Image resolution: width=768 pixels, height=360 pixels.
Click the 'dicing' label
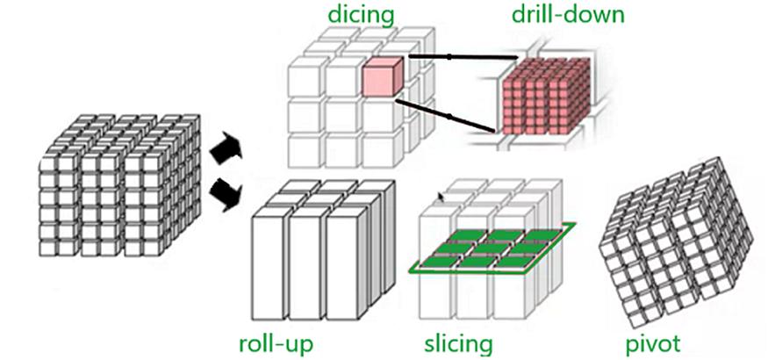point(360,15)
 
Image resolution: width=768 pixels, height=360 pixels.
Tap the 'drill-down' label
point(567,15)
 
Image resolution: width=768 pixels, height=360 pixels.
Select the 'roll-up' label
point(276,341)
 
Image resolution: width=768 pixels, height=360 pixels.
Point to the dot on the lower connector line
point(449,116)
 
